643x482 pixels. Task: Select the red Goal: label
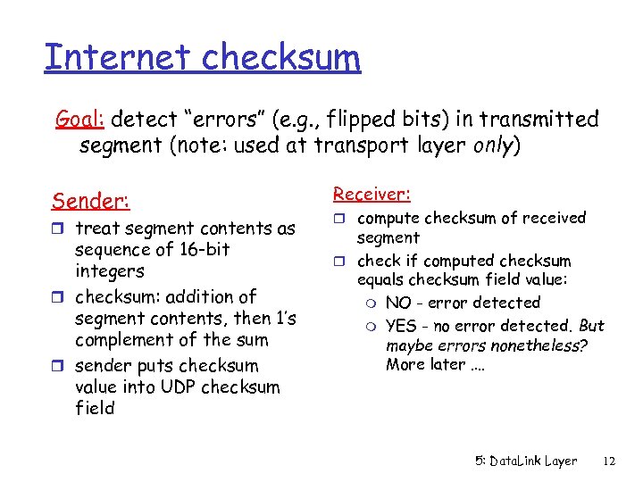coord(81,119)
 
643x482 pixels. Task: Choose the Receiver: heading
coord(372,194)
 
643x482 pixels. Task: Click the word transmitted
coord(541,119)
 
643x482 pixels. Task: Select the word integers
coord(110,270)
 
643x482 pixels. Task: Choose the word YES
coord(401,326)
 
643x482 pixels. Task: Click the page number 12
coord(610,461)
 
